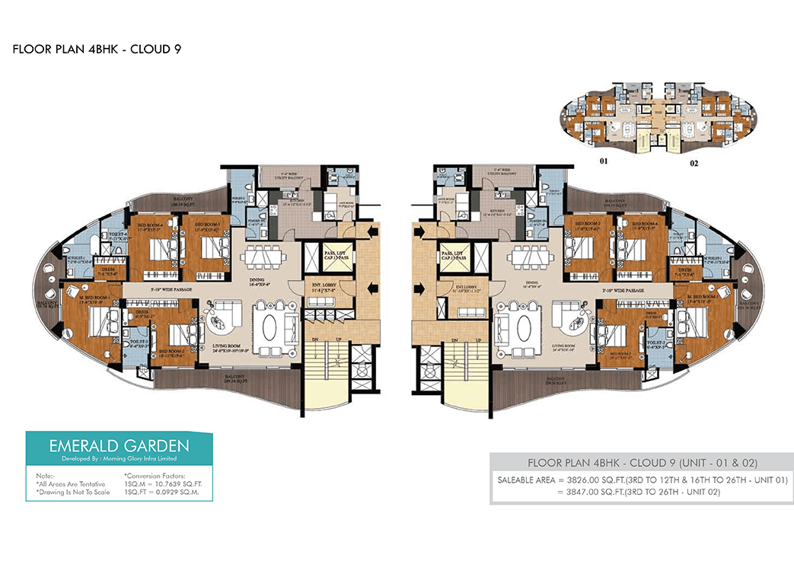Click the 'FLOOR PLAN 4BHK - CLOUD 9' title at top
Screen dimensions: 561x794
[x=96, y=50]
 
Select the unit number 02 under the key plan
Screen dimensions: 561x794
[x=694, y=162]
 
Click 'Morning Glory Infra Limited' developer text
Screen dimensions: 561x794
[x=131, y=458]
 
